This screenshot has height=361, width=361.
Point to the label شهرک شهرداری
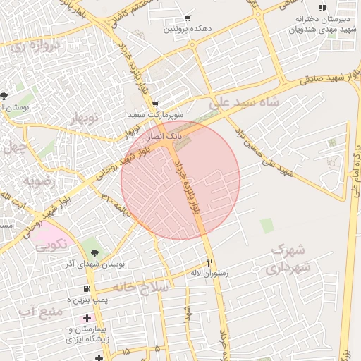click(287, 259)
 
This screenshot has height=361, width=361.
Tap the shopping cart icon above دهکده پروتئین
click(188, 18)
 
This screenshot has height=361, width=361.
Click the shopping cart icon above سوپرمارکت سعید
click(154, 103)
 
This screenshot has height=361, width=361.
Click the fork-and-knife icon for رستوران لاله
click(209, 261)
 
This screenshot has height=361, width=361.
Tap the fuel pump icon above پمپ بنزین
click(87, 288)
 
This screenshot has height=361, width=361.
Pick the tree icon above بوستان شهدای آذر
click(95, 252)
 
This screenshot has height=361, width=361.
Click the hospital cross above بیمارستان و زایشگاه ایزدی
click(87, 319)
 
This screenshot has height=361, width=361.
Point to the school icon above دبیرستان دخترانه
click(322, 8)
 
